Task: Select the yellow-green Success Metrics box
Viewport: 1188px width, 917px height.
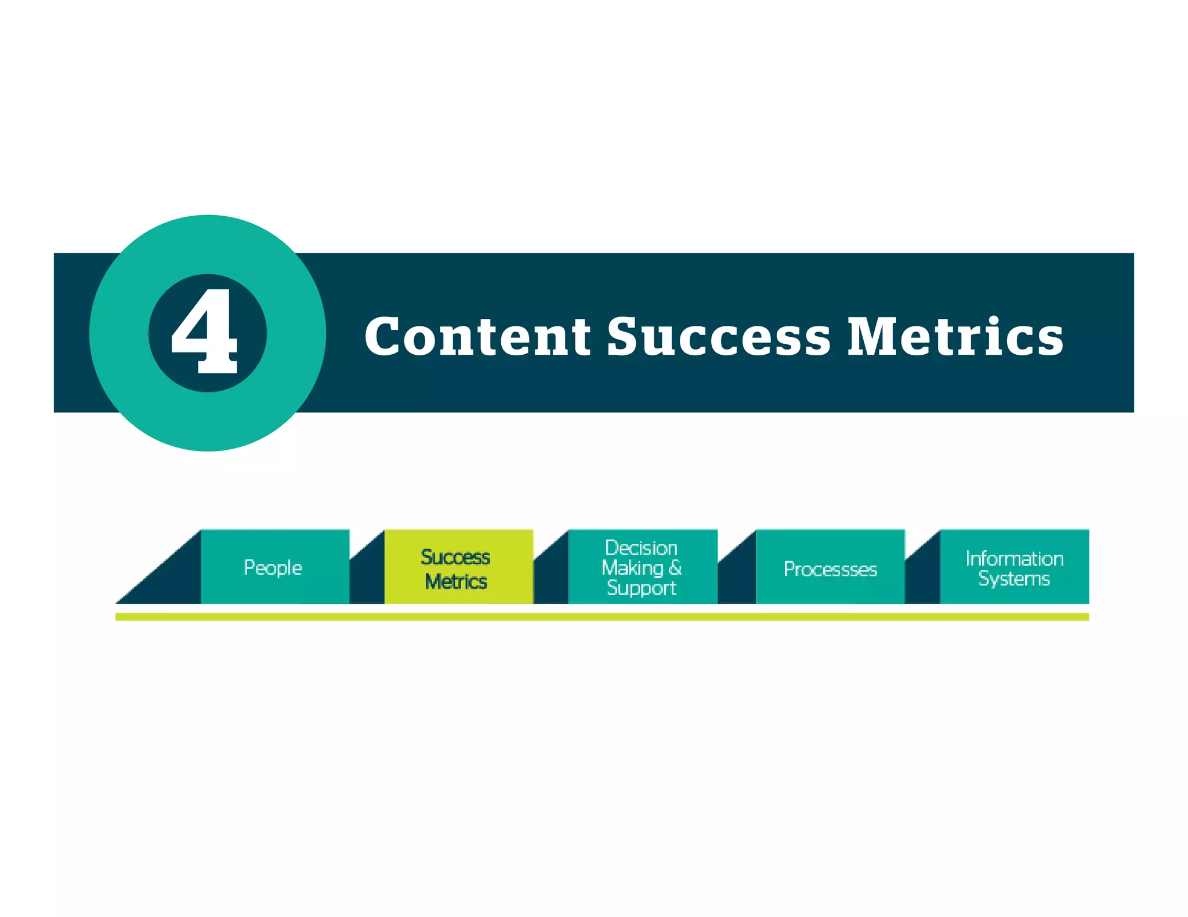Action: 458,567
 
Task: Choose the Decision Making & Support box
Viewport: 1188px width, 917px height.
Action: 642,567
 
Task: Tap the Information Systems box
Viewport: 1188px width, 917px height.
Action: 1014,567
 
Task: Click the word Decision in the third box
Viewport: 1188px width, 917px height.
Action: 641,548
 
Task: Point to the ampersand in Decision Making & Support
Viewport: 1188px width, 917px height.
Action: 675,567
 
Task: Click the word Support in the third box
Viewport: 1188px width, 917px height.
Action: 641,588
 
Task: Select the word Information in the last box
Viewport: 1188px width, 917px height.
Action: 1014,558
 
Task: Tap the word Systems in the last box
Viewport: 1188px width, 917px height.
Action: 1014,578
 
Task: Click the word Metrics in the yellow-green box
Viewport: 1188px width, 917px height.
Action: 456,581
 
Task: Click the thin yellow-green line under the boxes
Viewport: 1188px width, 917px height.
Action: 602,617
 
